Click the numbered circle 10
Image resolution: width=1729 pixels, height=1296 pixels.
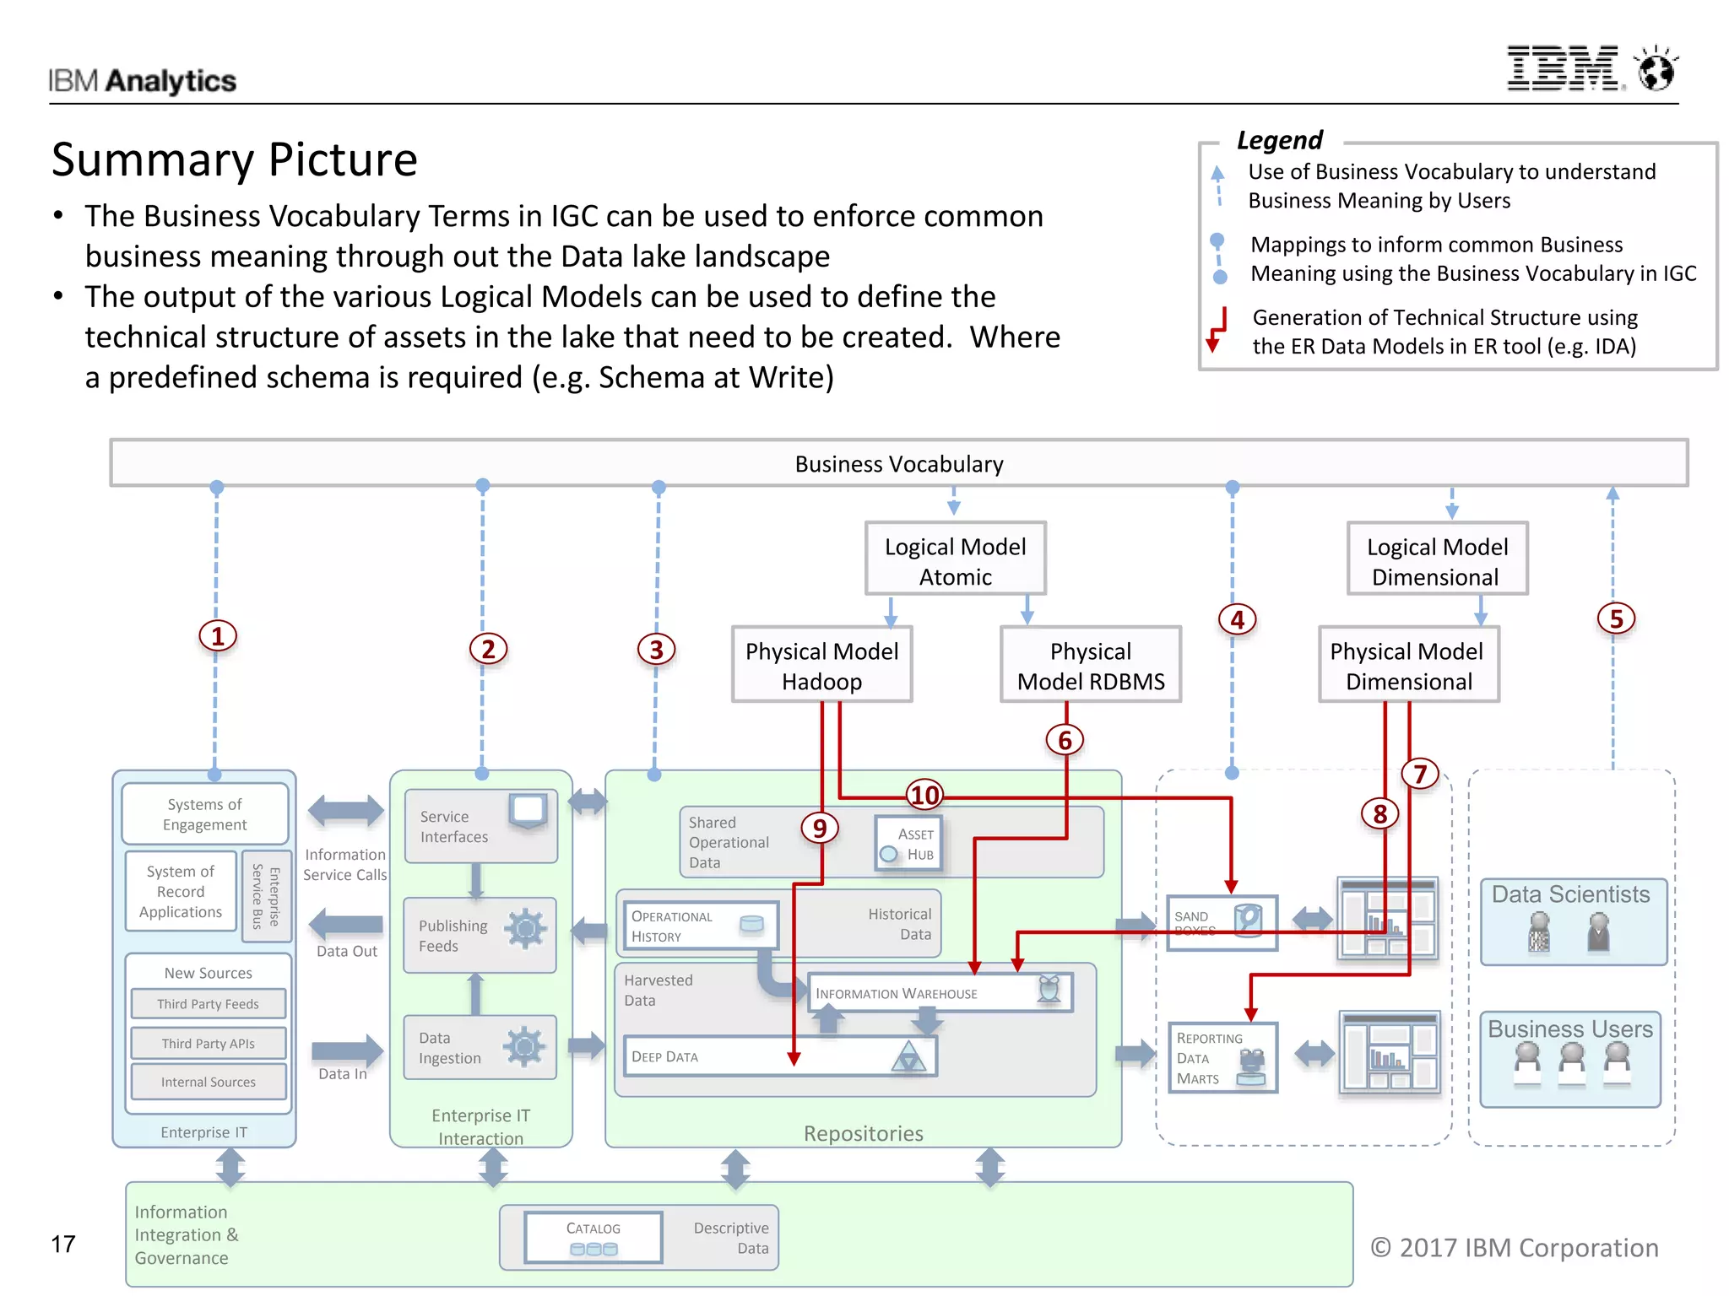tap(924, 795)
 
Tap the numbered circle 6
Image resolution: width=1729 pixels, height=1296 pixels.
tap(1065, 740)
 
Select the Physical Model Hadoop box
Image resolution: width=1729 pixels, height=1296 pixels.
tap(821, 665)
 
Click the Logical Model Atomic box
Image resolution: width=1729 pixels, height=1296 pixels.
tap(955, 560)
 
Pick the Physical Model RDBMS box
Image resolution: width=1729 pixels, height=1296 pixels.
tap(1090, 665)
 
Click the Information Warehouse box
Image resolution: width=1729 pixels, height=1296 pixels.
tap(939, 993)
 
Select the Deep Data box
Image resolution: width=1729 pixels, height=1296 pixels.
tap(779, 1056)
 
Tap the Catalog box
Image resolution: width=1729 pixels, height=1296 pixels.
tap(593, 1238)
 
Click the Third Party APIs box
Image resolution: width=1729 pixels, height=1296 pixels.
tap(209, 1044)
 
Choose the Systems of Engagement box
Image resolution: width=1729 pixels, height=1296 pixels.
tap(205, 814)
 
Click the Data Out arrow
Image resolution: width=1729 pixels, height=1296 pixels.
tap(346, 925)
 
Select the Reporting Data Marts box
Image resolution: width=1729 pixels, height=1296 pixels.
tap(1222, 1058)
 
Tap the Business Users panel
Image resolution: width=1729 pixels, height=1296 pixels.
tap(1569, 1059)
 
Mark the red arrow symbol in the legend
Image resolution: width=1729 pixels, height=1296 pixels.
tap(1217, 330)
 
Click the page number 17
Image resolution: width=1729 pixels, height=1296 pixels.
tap(63, 1244)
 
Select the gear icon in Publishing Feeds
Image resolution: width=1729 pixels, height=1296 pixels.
tap(525, 929)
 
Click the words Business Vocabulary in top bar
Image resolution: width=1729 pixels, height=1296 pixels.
tap(898, 464)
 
